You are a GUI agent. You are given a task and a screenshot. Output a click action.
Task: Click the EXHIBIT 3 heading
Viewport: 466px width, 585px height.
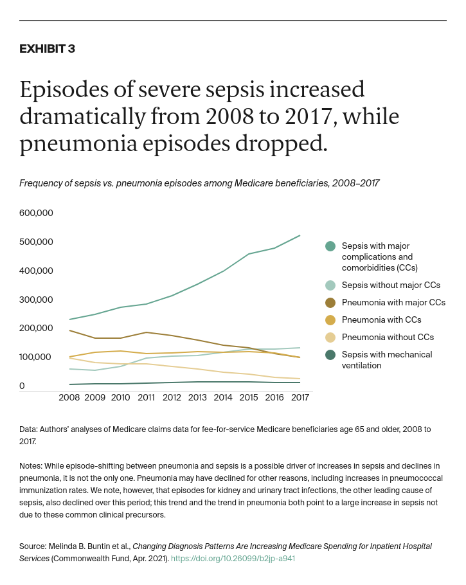point(47,49)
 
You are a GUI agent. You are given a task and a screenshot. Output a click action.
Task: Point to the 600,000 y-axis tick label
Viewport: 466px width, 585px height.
point(36,213)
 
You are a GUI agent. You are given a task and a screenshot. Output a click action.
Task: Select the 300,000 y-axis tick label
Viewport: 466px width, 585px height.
point(36,300)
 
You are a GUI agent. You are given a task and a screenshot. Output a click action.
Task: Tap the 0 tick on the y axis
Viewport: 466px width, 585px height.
point(22,386)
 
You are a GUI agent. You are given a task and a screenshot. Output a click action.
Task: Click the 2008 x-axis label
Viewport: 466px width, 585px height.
point(69,398)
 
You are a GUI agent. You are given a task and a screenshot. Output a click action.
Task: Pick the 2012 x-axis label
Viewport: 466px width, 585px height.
point(172,398)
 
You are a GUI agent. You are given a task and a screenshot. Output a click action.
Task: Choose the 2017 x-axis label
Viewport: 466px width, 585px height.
point(300,398)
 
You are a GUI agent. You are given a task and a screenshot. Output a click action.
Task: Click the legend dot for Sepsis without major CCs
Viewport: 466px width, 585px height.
point(330,285)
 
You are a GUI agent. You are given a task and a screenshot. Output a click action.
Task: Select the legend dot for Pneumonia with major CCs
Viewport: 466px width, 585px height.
point(330,303)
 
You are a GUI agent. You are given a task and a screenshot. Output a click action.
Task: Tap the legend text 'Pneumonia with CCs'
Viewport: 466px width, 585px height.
point(381,320)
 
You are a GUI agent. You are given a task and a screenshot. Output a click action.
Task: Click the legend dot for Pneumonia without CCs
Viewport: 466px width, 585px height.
point(330,337)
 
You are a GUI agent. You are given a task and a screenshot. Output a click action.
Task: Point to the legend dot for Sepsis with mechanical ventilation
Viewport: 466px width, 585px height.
point(330,355)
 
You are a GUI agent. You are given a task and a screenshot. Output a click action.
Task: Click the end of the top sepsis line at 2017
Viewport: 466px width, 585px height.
point(300,235)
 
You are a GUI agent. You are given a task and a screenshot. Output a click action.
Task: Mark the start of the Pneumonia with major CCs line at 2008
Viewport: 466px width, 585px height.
point(69,330)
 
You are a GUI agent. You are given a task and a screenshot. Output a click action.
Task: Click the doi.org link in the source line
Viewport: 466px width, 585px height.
point(233,559)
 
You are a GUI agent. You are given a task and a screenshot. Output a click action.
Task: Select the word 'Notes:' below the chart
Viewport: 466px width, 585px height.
point(33,465)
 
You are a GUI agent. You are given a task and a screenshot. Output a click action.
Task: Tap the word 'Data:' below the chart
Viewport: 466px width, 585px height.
point(30,429)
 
